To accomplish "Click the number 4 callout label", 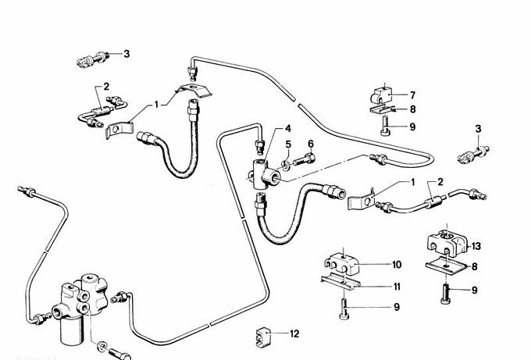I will [287, 129].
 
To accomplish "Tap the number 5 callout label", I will [287, 144].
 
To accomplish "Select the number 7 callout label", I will [412, 95].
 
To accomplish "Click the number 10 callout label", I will [396, 264].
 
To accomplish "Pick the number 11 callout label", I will [397, 287].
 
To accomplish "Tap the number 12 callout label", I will [294, 334].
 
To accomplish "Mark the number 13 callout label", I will [476, 246].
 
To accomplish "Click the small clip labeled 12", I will [261, 337].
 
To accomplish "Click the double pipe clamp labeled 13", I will [446, 243].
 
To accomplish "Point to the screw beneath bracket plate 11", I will [342, 310].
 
